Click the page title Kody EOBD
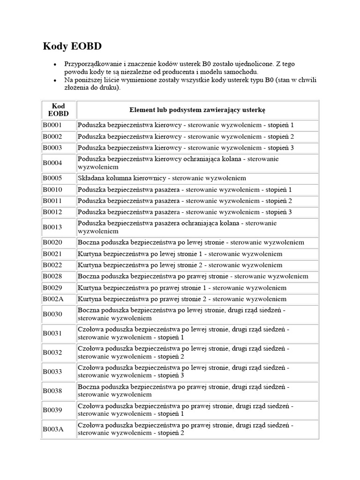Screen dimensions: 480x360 point(72,46)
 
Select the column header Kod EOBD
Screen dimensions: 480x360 point(59,110)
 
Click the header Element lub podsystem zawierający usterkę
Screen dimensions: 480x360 point(197,110)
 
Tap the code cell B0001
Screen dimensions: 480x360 point(52,125)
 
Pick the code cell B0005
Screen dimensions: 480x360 point(52,178)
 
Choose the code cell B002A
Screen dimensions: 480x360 point(53,299)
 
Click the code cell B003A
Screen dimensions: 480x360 point(53,429)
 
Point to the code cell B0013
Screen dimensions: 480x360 point(52,227)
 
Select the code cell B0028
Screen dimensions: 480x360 point(52,276)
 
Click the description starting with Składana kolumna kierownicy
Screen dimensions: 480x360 point(162,178)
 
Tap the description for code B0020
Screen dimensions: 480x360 point(191,242)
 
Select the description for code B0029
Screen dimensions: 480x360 point(182,287)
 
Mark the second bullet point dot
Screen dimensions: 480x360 point(55,81)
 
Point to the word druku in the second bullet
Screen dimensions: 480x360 point(109,88)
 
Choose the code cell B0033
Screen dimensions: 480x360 point(52,371)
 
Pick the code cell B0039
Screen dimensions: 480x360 point(52,410)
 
